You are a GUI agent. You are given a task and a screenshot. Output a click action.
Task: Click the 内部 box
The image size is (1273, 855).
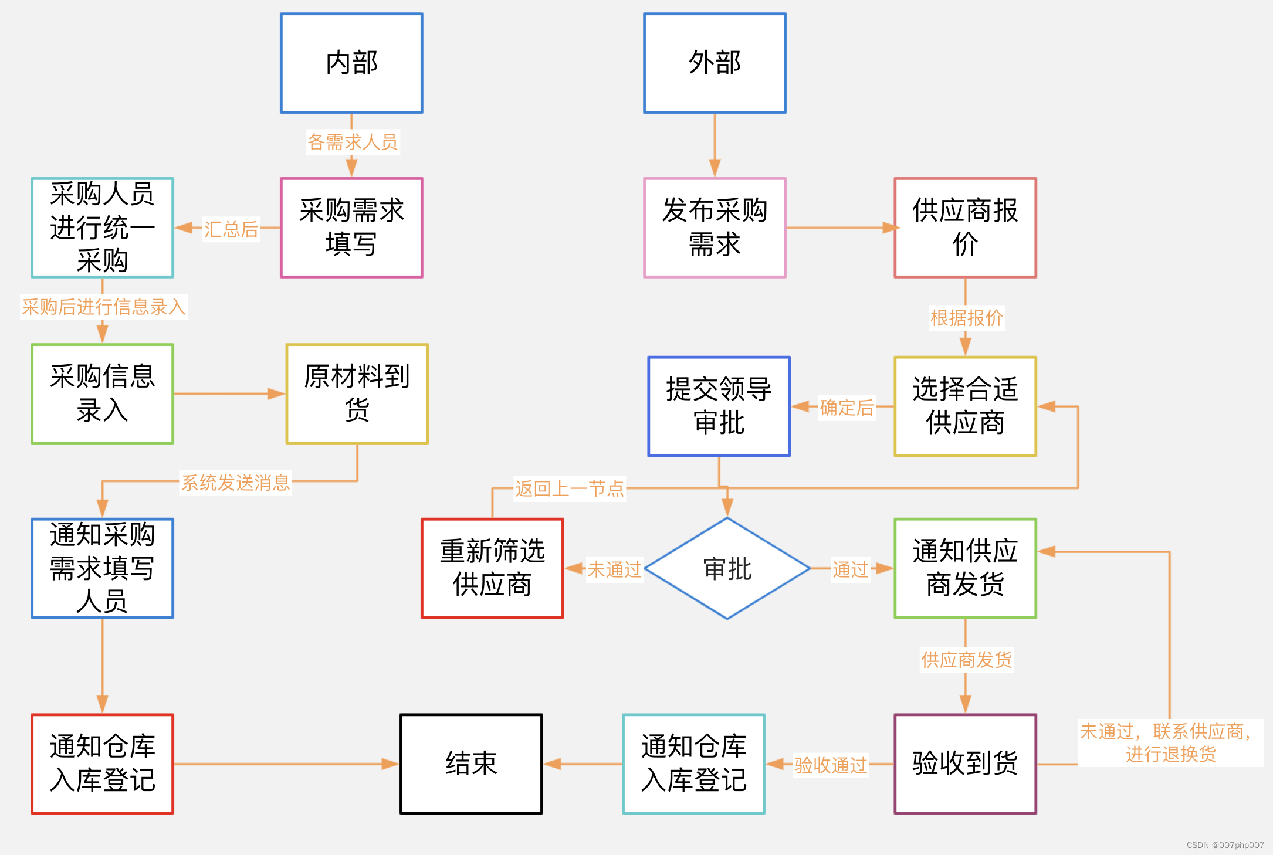[351, 63]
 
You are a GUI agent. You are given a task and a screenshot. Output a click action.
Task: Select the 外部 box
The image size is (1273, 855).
[715, 63]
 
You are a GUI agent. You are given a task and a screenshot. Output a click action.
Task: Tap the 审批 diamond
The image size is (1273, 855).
[727, 568]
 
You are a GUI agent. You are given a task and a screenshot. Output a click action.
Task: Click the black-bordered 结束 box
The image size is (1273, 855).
[471, 764]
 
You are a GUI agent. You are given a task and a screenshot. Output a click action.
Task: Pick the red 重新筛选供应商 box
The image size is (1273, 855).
[492, 568]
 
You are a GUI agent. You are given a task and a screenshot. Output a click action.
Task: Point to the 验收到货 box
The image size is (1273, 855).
[965, 764]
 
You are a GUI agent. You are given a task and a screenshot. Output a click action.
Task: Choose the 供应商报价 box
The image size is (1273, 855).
[965, 228]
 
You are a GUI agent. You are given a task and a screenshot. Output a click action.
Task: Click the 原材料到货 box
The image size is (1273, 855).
[357, 393]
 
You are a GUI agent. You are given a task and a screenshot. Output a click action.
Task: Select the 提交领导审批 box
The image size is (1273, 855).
[719, 406]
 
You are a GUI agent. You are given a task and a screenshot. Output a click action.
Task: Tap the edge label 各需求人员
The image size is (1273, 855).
[353, 142]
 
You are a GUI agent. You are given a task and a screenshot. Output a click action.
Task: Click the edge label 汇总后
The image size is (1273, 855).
[231, 229]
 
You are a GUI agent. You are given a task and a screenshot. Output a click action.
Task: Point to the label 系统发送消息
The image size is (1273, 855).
[235, 483]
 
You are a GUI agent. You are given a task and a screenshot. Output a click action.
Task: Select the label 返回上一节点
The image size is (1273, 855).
[569, 488]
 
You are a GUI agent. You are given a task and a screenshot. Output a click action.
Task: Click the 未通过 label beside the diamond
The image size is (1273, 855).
[614, 569]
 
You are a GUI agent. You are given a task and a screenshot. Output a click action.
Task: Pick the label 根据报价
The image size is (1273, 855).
[966, 318]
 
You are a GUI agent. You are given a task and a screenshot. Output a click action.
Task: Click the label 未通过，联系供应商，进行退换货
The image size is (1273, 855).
[1170, 742]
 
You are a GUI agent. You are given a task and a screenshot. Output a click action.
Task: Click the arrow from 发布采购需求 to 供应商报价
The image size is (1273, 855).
[839, 228]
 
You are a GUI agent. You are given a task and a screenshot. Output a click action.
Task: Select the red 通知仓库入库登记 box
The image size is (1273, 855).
[102, 764]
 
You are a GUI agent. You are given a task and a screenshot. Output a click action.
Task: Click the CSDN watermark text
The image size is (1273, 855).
[1225, 845]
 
